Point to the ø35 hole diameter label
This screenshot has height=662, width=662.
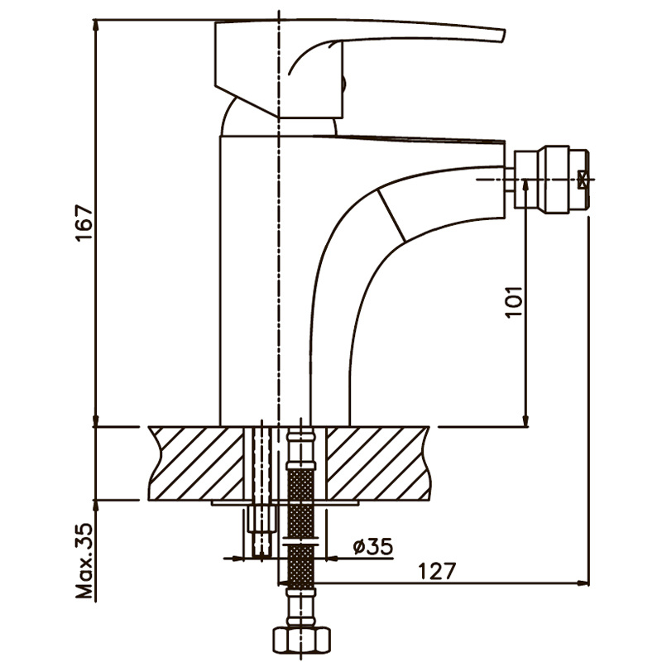pos(372,546)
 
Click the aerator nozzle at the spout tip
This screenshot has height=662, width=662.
pos(553,178)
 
